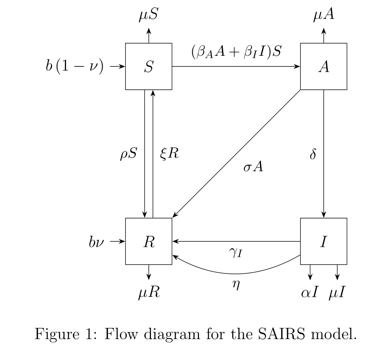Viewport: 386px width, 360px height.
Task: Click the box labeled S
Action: click(148, 66)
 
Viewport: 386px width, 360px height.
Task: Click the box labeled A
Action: click(323, 66)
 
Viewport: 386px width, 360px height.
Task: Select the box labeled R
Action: click(148, 242)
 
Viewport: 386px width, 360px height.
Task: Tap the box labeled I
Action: click(323, 242)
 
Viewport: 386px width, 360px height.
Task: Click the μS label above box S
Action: click(148, 15)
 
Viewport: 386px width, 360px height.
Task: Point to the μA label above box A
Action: click(324, 15)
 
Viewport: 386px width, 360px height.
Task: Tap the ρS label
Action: click(129, 155)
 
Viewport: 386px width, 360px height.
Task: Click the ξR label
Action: click(169, 155)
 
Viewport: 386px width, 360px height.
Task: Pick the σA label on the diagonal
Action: click(253, 167)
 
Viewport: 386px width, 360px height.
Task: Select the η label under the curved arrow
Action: click(235, 285)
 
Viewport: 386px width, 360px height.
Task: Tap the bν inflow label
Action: click(96, 242)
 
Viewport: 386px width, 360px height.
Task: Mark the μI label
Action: click(337, 293)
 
